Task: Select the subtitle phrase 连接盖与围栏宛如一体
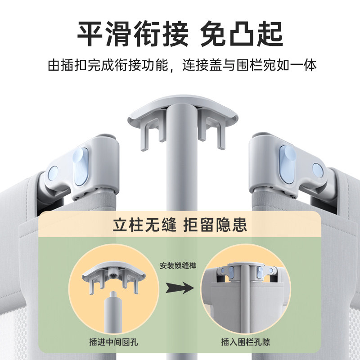[x=250, y=65]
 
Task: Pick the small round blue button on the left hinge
[x=53, y=172]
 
